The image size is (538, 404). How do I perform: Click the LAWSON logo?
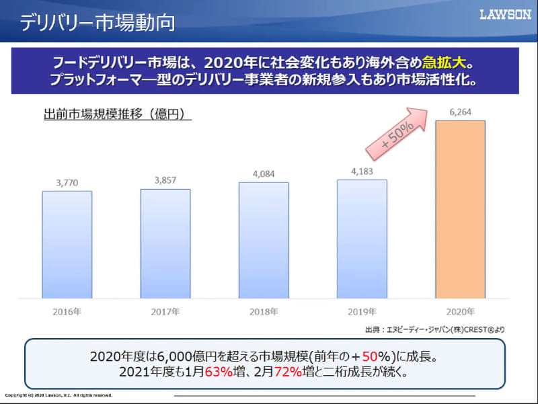click(x=505, y=15)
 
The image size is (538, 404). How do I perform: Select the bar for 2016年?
click(x=67, y=245)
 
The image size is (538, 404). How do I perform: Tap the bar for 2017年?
click(x=165, y=243)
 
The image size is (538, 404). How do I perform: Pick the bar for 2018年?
click(x=264, y=240)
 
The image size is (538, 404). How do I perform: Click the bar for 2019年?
click(x=362, y=239)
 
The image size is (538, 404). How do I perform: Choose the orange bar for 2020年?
click(x=460, y=209)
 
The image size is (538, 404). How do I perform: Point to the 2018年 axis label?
click(x=264, y=312)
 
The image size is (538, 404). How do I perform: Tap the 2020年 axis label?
click(x=460, y=312)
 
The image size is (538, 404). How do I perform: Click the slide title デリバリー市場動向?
click(x=98, y=22)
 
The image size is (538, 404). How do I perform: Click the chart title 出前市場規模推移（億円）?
click(x=114, y=115)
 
